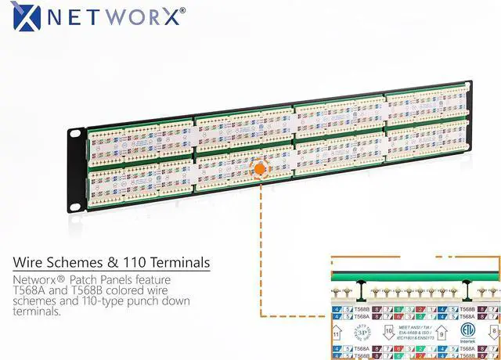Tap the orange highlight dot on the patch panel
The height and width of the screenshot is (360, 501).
pos(259,168)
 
